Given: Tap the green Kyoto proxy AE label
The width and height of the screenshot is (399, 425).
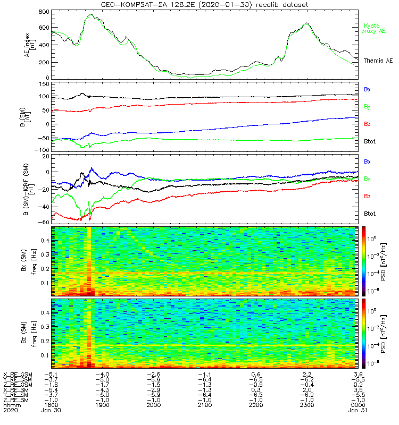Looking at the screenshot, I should pos(375,28).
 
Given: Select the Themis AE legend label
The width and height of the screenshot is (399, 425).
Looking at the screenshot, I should pos(378,61).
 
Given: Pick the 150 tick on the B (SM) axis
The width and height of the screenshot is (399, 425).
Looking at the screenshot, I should pos(44,84).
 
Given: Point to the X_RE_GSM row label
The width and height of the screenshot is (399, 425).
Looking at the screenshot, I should pos(18,375).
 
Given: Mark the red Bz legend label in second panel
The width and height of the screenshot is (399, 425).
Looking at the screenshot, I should pos(367,124).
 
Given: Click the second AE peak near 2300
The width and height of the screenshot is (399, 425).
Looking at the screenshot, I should pos(307,23).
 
